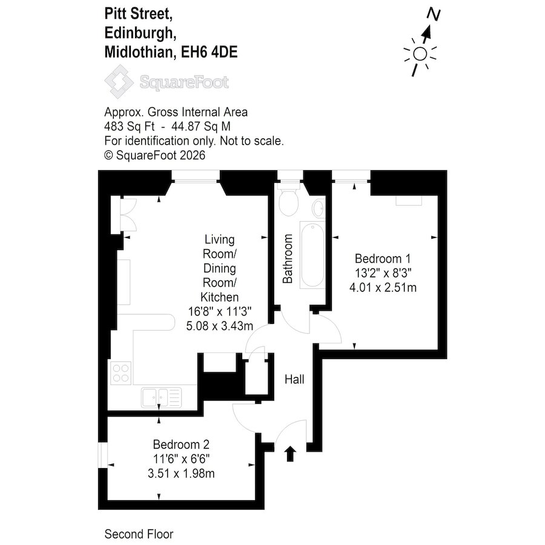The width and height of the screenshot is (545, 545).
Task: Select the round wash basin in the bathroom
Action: click(x=319, y=208)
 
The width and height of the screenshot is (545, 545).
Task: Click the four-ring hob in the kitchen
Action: click(x=121, y=373)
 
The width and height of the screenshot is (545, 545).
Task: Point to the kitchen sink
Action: click(x=161, y=397)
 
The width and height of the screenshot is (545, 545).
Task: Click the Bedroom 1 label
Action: click(x=383, y=259)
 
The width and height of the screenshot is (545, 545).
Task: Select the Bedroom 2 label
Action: click(x=181, y=444)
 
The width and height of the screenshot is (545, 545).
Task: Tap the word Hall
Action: click(x=294, y=379)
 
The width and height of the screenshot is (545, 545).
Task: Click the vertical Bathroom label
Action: click(x=288, y=259)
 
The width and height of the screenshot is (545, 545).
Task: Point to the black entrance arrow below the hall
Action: click(x=290, y=454)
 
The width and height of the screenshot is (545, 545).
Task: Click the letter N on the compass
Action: click(x=434, y=15)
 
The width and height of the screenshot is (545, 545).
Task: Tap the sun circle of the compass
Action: click(x=420, y=54)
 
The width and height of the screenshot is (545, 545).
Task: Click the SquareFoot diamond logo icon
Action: click(x=119, y=82)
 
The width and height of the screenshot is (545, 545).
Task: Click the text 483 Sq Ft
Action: click(x=130, y=127)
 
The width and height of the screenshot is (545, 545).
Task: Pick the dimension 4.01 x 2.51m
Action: click(x=383, y=288)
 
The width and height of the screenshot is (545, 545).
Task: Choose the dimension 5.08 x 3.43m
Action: click(x=220, y=326)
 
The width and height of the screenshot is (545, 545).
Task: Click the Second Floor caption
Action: click(x=139, y=534)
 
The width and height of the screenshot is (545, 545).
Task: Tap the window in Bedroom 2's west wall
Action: click(x=102, y=455)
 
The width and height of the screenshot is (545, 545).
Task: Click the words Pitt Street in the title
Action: click(x=139, y=15)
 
